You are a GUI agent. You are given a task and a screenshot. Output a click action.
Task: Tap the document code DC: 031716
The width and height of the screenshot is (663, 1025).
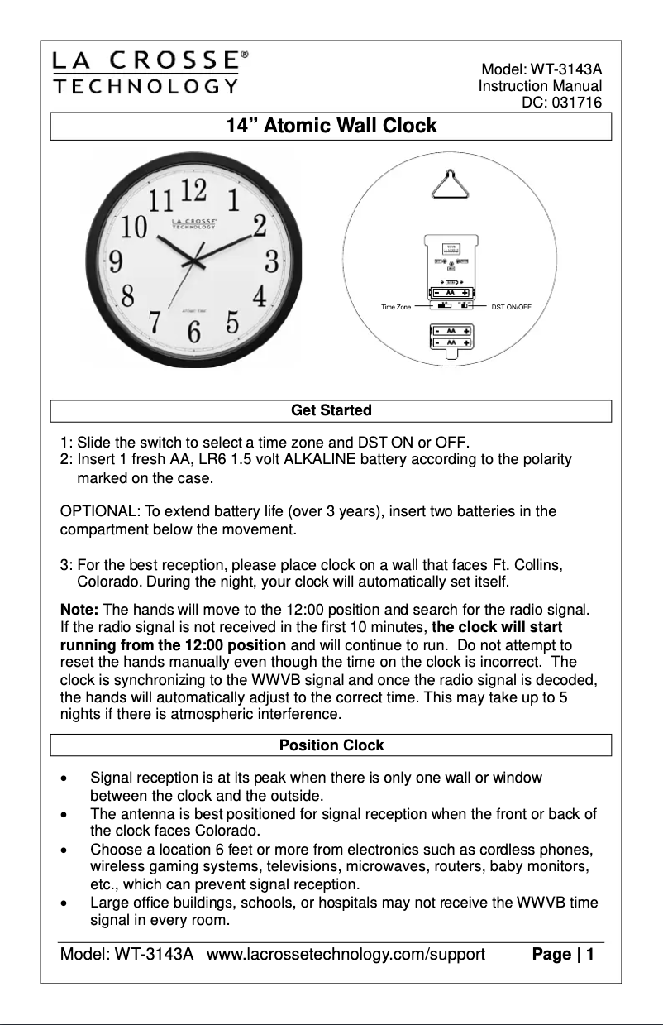562,103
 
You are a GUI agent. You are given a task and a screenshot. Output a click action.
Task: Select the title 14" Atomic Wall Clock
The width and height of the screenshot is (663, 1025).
331,127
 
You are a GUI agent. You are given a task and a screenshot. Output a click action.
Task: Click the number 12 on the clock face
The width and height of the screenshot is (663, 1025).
193,190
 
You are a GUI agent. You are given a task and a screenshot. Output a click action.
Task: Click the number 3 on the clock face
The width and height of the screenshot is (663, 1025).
271,261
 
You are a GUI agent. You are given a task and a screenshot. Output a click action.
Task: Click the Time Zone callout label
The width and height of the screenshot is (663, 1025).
396,307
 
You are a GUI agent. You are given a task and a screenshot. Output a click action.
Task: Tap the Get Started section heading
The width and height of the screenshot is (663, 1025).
331,410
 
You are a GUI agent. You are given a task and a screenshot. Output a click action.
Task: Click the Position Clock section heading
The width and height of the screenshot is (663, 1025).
331,745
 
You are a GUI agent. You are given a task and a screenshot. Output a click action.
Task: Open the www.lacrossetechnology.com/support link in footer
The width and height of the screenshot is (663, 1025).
346,955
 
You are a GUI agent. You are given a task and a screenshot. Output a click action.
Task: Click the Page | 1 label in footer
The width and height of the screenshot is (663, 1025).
564,955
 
